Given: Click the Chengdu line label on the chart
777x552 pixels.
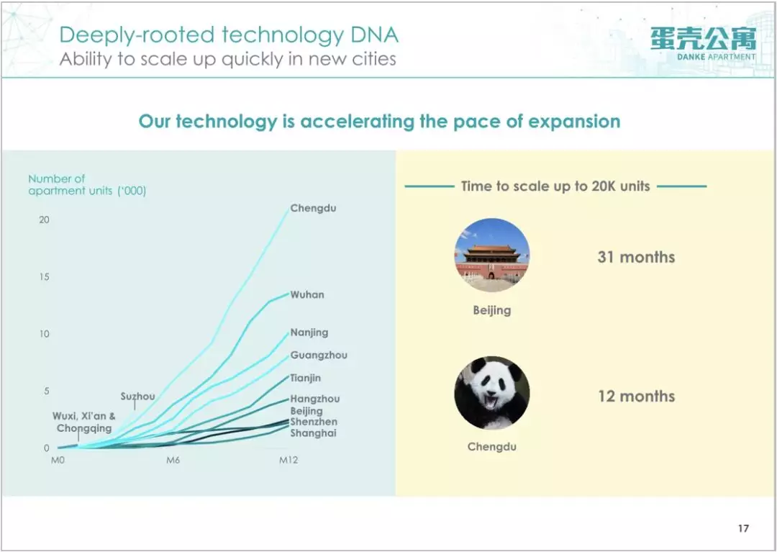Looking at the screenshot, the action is (x=313, y=208).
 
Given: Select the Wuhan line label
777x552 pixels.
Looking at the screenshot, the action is (x=307, y=294).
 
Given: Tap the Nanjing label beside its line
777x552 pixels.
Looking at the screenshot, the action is (x=309, y=332).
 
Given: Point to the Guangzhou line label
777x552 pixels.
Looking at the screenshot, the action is (x=319, y=356).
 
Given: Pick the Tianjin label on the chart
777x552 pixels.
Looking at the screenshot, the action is (x=306, y=378).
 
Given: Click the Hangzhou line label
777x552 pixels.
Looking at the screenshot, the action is (x=315, y=399).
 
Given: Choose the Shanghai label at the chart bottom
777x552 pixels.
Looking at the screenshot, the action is (x=313, y=433).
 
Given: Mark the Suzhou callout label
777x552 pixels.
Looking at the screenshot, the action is (x=137, y=397).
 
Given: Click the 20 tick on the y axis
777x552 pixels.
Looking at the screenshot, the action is (x=45, y=220).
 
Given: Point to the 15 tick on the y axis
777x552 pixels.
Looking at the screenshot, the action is (x=45, y=276).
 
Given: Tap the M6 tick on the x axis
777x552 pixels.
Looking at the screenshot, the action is (x=173, y=461).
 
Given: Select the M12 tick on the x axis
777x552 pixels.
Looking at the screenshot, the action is (x=288, y=461).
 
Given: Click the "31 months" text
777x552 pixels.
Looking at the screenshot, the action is (x=636, y=257).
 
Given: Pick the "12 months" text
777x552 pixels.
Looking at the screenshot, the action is (x=636, y=397).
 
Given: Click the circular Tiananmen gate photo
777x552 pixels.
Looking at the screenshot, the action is (x=492, y=255).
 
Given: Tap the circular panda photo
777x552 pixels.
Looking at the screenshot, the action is (x=492, y=393).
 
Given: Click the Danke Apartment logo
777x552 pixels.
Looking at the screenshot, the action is (x=704, y=44).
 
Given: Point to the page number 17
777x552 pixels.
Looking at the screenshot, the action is (x=743, y=528).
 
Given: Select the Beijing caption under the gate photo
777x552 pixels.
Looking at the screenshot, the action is (x=492, y=311).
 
